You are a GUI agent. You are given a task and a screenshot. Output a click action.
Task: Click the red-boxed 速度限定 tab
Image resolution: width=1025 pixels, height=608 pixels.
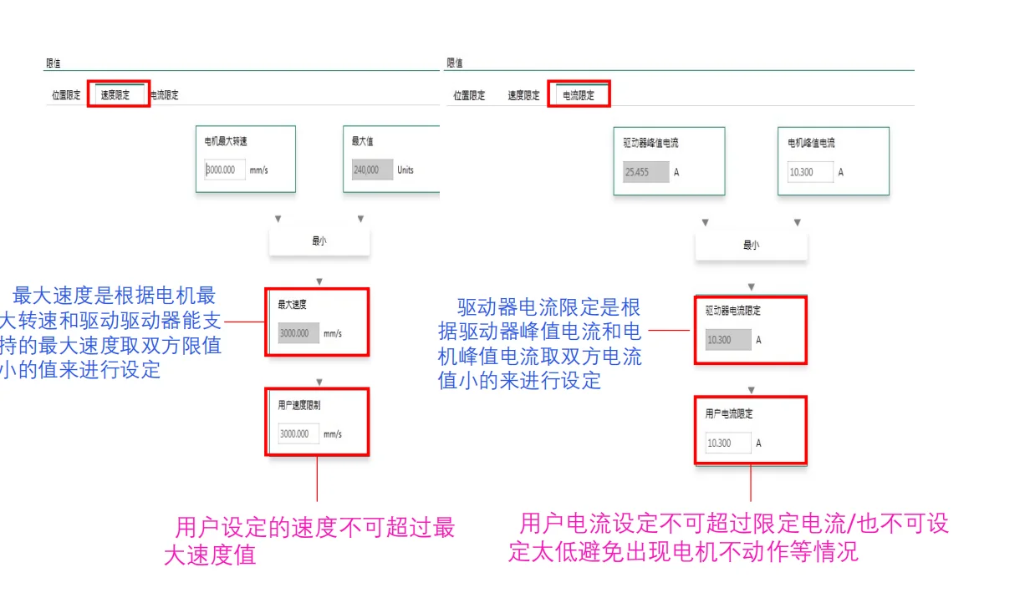116,94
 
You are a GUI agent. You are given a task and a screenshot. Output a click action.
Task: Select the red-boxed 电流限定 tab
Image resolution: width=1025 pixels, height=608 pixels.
579,94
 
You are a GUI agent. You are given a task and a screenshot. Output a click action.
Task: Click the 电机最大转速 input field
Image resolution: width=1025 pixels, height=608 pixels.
226,170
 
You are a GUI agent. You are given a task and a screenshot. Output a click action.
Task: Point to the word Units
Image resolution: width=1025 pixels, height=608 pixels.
405,170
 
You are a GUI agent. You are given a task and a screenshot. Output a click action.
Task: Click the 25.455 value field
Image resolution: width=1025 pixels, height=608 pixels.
641,172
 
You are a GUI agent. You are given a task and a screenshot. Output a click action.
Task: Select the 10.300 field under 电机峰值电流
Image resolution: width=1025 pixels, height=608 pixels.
810,172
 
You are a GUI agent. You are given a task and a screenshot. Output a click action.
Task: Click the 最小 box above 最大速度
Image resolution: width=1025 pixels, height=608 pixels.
319,241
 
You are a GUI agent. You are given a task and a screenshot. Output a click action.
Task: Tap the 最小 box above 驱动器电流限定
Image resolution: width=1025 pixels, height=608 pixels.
751,246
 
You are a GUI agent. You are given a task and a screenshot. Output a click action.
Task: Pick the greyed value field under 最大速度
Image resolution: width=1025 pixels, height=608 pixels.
298,333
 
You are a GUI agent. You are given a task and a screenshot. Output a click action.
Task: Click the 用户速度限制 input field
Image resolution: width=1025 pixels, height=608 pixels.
298,433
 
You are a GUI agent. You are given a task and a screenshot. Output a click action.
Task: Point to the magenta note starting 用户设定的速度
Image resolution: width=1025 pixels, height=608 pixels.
309,541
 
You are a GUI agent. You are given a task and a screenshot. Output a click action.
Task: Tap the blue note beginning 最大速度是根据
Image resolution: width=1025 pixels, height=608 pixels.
113,332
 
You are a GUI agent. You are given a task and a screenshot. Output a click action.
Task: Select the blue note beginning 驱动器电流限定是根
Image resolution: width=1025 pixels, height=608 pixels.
540,343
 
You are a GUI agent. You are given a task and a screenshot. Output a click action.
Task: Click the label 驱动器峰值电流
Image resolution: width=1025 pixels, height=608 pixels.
651,143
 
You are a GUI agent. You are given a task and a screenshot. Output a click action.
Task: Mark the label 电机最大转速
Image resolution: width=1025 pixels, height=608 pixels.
226,141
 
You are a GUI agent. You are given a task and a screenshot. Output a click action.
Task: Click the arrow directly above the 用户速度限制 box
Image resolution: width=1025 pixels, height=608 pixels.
319,382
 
